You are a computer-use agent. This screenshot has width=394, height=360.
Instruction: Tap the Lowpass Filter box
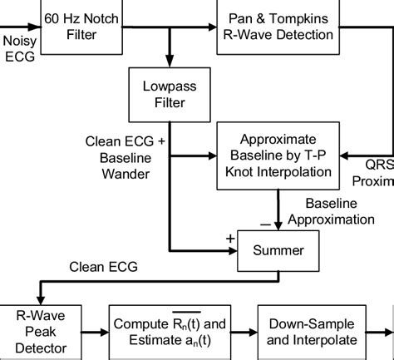168,93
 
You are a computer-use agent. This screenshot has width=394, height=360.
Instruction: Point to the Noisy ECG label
18,47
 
